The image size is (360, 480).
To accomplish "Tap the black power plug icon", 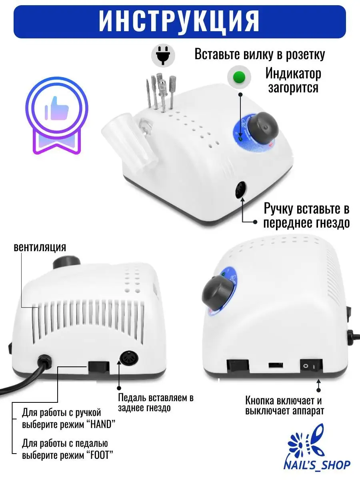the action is [163, 55].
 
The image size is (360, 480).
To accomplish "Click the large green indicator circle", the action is [239, 77].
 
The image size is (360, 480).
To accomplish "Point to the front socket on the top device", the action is [240, 190].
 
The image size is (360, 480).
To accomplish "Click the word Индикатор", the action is [293, 74].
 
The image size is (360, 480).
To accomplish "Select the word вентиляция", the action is [40, 247].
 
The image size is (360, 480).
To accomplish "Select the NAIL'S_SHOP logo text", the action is [317, 464].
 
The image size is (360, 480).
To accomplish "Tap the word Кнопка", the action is [260, 401].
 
